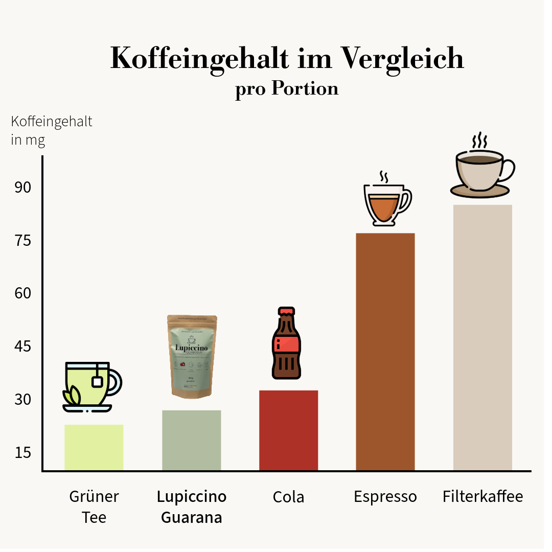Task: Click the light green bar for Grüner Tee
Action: [94, 447]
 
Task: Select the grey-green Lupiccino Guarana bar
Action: [191, 440]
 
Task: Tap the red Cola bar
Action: [288, 430]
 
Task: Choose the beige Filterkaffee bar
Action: [482, 337]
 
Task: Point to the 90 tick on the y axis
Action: [23, 188]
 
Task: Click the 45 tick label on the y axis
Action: [23, 347]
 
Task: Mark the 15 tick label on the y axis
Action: [23, 452]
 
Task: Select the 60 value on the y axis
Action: [23, 293]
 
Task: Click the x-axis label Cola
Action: [288, 497]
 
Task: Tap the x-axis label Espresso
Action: [385, 497]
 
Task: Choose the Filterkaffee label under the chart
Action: [482, 496]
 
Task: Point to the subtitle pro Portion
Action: [287, 88]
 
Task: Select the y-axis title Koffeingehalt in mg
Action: [51, 130]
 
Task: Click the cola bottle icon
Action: [286, 343]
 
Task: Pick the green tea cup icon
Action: [91, 386]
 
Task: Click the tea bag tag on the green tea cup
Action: [97, 381]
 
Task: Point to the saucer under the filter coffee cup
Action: [480, 191]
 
